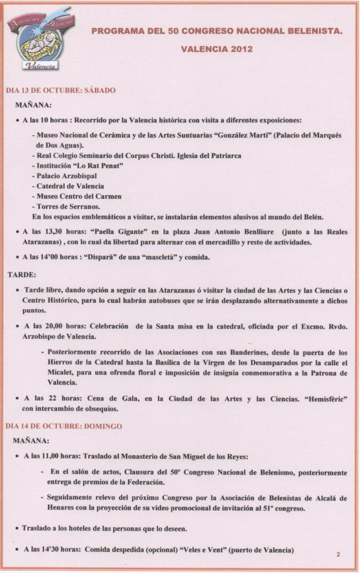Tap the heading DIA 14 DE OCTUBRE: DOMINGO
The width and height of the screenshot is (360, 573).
[64, 426]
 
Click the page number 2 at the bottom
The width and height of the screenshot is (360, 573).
[338, 554]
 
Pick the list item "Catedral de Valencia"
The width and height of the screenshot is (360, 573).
[72, 186]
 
